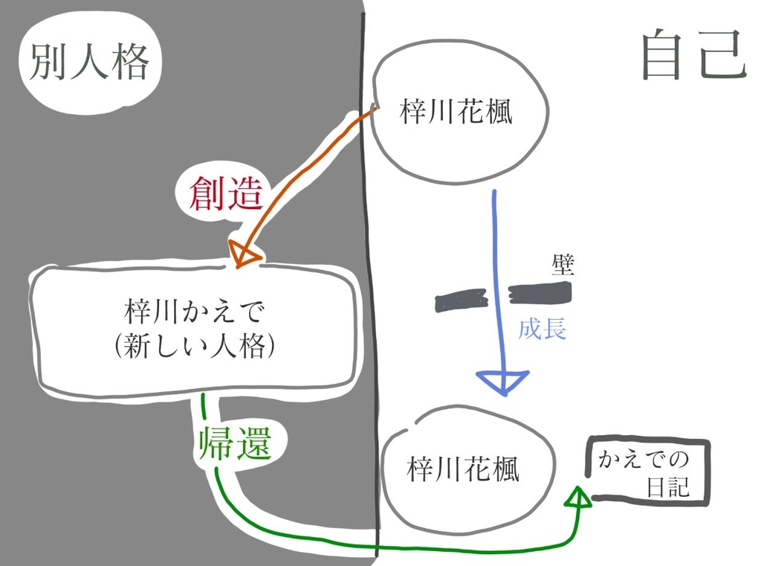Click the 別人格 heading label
90,62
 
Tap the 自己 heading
692,56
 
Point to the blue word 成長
542,328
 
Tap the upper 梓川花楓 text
456,114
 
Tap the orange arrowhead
245,254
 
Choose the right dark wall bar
540,293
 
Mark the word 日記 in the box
667,487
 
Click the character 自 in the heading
661,56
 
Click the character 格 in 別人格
130,63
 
